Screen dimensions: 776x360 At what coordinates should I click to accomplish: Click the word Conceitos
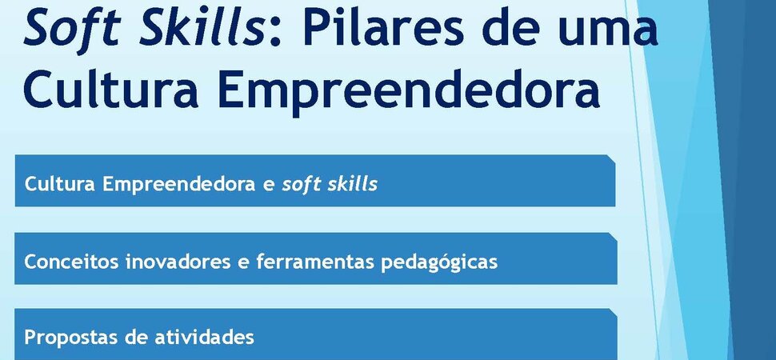pos(72,262)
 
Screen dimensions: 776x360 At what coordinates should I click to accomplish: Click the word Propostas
pos(70,338)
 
